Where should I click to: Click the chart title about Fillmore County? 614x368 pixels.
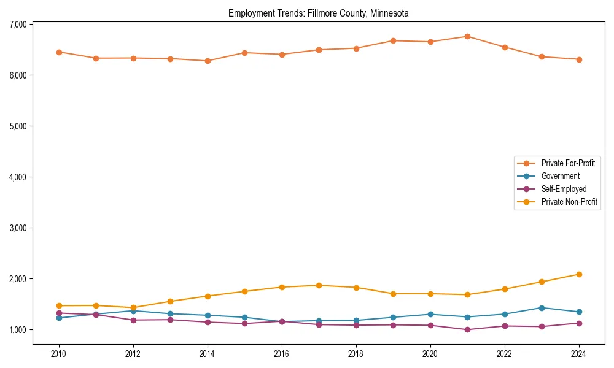click(318, 13)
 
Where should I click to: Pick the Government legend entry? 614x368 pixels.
click(560, 176)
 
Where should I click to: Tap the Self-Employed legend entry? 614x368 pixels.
click(564, 189)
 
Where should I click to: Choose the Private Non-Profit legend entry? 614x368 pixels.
click(569, 202)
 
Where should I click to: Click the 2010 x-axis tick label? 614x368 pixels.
click(59, 354)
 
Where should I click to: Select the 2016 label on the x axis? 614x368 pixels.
click(282, 354)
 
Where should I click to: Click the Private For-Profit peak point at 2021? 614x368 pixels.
click(467, 37)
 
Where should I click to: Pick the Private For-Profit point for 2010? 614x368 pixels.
click(59, 52)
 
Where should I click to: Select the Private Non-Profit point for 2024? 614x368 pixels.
click(579, 274)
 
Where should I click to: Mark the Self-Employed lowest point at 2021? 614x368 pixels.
click(467, 330)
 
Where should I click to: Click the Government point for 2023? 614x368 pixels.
click(542, 308)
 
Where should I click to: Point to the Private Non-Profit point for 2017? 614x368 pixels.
click(319, 285)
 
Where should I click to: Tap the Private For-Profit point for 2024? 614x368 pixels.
click(579, 59)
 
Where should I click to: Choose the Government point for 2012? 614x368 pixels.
click(133, 311)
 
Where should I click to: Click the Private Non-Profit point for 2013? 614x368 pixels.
click(170, 301)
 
